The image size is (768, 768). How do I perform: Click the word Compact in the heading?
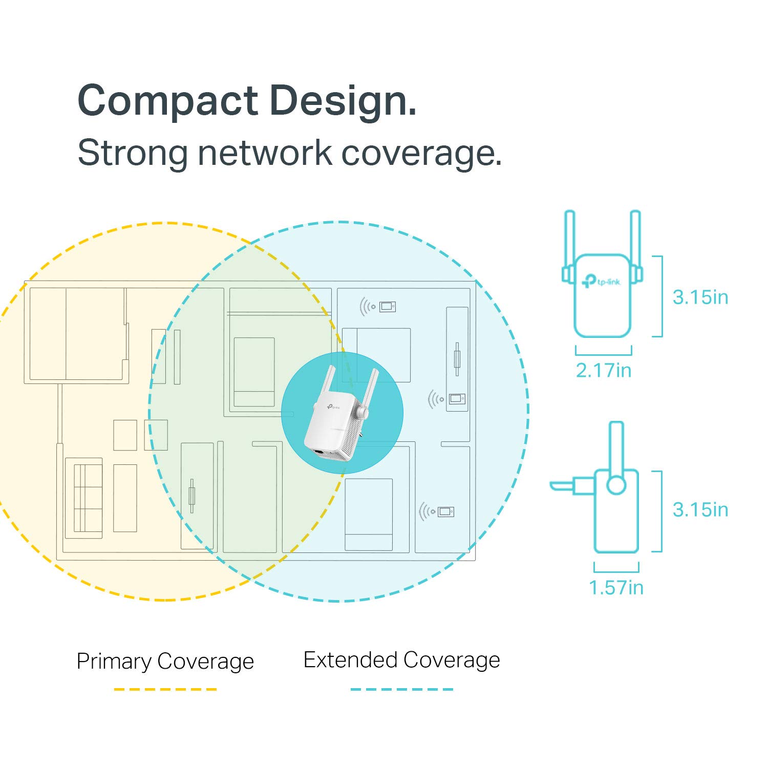coord(168,101)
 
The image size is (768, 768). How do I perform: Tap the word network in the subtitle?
coord(265,153)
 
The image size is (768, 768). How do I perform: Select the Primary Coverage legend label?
coord(165,661)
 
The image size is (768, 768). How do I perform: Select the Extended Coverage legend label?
coord(401,660)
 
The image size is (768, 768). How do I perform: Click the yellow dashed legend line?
coord(165,689)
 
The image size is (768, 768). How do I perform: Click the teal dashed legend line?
coord(401,689)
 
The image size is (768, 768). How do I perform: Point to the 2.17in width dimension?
coord(603,370)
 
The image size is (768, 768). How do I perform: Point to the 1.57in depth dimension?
coord(616,587)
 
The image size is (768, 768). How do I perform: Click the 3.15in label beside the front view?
coord(700,297)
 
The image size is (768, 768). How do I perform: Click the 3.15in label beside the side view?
coord(700,509)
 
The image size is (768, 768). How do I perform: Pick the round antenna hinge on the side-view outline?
coord(616,484)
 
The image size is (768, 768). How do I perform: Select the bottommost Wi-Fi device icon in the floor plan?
coord(437,511)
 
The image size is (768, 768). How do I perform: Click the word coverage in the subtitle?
coord(421,153)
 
